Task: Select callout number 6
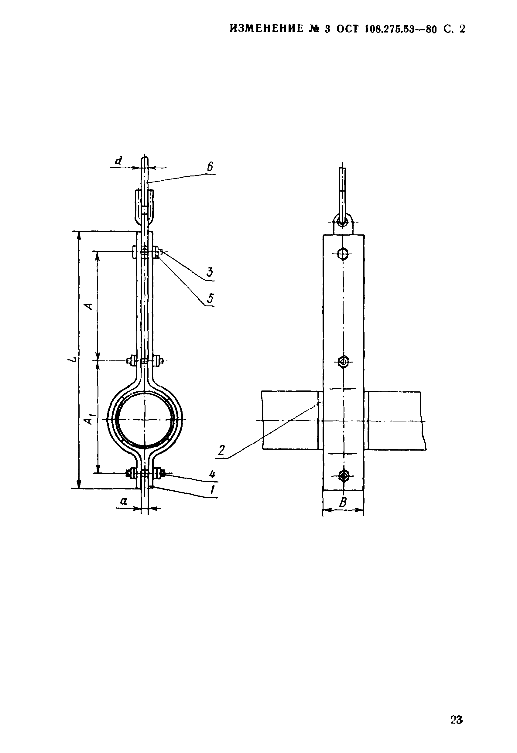coord(210,167)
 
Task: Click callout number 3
coord(210,272)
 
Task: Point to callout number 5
coord(211,298)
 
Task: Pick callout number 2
coord(222,450)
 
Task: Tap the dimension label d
coord(119,160)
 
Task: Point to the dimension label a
coord(124,502)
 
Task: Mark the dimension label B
coord(343,503)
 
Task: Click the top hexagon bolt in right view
coord(343,253)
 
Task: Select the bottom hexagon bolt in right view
coord(343,476)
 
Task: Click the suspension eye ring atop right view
coord(343,222)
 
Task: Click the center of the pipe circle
coord(145,420)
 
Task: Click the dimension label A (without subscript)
coord(88,306)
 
